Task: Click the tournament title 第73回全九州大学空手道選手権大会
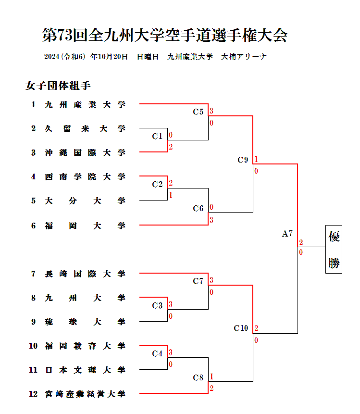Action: pos(165,35)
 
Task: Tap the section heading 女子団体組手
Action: pos(58,86)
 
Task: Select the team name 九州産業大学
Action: pos(85,104)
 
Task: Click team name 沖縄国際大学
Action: pos(85,152)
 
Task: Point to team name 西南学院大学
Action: pos(85,176)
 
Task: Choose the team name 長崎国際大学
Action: pos(85,274)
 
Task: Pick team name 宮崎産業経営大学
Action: pos(85,394)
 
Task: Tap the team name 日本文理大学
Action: pos(85,370)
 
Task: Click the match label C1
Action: pos(157,136)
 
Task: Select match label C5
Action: pos(198,112)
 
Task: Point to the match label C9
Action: pos(243,160)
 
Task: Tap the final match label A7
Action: pos(287,234)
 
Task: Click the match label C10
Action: pos(241,328)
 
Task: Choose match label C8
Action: pos(198,377)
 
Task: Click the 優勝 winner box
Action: pos(334,249)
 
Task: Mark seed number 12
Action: pos(33,394)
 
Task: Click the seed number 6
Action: pos(33,225)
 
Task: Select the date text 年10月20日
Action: pos(109,57)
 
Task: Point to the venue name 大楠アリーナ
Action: pos(244,57)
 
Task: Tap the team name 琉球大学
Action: pos(85,322)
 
